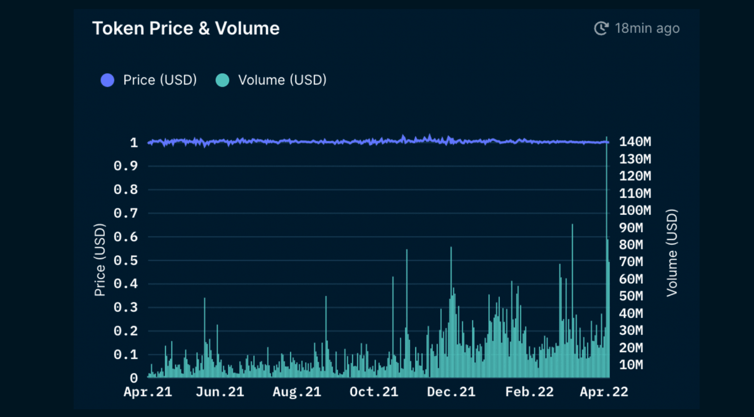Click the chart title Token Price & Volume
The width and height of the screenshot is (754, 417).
click(x=186, y=28)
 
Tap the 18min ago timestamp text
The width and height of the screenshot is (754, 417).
click(x=647, y=28)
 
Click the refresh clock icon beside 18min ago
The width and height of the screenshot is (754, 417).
click(x=601, y=28)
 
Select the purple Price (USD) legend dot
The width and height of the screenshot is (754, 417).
click(x=107, y=80)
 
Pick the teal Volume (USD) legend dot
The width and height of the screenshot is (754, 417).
click(x=222, y=80)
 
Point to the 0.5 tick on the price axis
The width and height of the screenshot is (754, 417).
click(x=125, y=260)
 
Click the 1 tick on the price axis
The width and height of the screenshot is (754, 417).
click(x=134, y=143)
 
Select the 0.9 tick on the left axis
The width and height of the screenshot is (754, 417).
click(x=125, y=166)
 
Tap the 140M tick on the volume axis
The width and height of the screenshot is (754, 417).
click(x=635, y=142)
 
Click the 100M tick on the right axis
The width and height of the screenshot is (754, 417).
click(x=635, y=210)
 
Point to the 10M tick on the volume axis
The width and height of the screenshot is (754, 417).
click(x=631, y=365)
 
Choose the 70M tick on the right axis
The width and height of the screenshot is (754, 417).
click(x=631, y=262)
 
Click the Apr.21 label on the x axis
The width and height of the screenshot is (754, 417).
click(x=148, y=392)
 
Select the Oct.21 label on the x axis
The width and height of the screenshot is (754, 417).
click(x=374, y=392)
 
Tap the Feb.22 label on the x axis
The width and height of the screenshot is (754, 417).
click(x=529, y=392)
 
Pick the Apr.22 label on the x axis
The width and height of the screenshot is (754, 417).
click(x=604, y=392)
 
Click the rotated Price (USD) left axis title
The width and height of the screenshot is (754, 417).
click(x=99, y=260)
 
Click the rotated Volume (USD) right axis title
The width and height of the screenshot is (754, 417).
click(x=672, y=253)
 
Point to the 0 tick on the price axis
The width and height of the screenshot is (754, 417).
click(x=134, y=378)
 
